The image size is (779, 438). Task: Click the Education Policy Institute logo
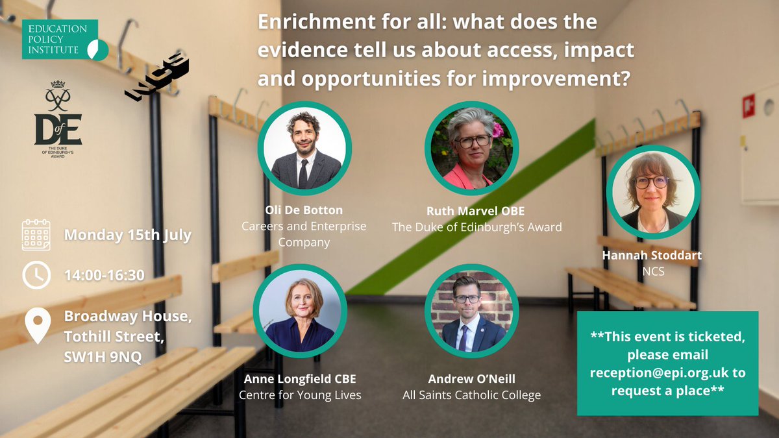64,40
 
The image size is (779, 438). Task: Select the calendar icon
36,235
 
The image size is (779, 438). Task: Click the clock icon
36,276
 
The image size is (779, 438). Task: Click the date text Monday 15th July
128,235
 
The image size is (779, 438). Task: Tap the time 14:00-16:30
104,275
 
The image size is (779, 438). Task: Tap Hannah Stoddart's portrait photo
652,192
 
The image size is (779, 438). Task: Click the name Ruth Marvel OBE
476,211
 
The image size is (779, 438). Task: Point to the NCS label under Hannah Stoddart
652,272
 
